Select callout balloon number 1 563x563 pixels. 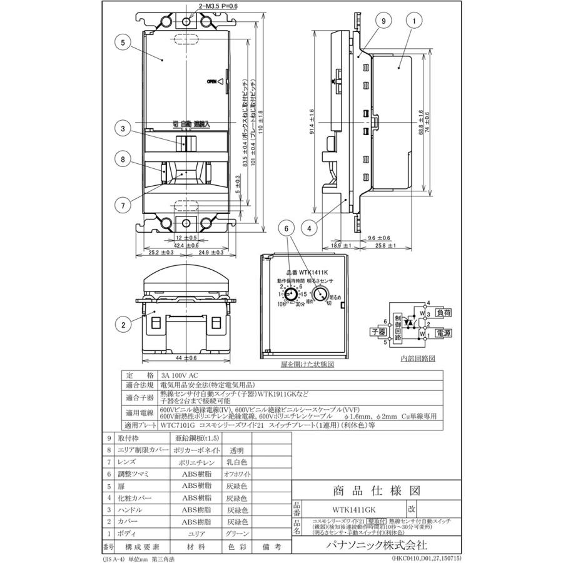click(x=414, y=21)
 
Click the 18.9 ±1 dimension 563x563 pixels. click(x=337, y=246)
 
